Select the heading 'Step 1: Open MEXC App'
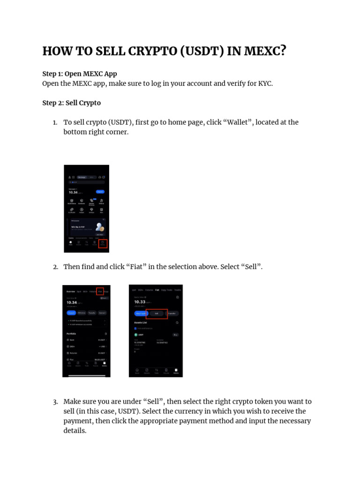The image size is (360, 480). pyautogui.click(x=79, y=74)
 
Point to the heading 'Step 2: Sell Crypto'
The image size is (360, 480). pyautogui.click(x=71, y=103)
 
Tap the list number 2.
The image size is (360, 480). pyautogui.click(x=55, y=267)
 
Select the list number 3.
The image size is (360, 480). pyautogui.click(x=55, y=402)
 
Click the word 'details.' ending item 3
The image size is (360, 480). pyautogui.click(x=75, y=431)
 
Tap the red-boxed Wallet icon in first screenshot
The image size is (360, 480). pyautogui.click(x=103, y=244)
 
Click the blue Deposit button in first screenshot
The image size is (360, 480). pyautogui.click(x=100, y=192)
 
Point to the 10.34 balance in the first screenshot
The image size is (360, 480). pyautogui.click(x=73, y=192)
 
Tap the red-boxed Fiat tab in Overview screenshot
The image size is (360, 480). pyautogui.click(x=100, y=291)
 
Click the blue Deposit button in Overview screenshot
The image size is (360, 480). pyautogui.click(x=71, y=313)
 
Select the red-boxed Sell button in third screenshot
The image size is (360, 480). pyautogui.click(x=157, y=313)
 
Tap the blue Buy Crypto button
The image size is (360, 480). pyautogui.click(x=140, y=313)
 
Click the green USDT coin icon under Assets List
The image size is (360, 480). pyautogui.click(x=136, y=335)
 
